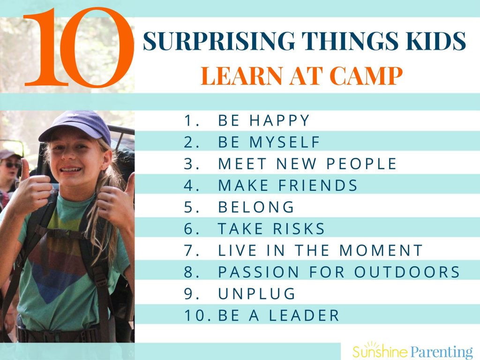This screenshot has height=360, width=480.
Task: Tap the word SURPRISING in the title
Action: pos(219,41)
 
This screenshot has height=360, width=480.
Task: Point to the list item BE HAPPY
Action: pos(264,120)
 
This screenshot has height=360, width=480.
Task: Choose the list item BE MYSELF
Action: pos(269,142)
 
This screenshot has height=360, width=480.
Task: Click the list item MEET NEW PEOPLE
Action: pos(307,164)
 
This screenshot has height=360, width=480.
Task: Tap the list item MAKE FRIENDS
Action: pos(288,186)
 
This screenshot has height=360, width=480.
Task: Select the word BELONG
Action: pos(256,207)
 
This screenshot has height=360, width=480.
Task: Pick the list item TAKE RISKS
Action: pos(271,229)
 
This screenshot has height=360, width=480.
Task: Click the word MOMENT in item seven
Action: pos(381,250)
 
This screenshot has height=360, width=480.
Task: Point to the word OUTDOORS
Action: pos(407,272)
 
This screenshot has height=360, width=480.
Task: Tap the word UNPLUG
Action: pos(257,294)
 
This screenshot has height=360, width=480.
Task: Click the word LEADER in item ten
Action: pos(304,315)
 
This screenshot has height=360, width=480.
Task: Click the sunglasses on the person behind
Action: pos(12,165)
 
